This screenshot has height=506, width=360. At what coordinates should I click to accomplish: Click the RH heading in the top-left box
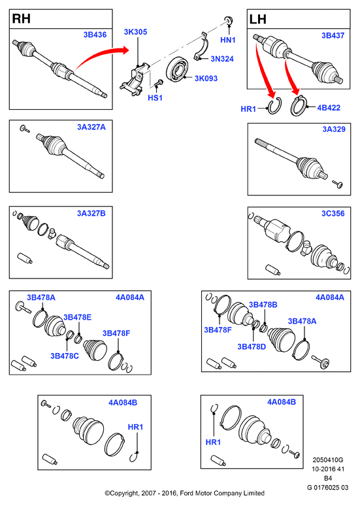pos(22,19)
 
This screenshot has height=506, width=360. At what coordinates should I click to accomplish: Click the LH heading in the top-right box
pos(258,20)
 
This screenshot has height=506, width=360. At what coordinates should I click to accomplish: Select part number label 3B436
pos(95,35)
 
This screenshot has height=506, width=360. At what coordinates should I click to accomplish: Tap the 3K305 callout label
pos(135,32)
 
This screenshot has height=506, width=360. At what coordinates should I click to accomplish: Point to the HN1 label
pos(228,40)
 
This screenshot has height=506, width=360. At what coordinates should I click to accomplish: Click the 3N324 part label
pos(222,59)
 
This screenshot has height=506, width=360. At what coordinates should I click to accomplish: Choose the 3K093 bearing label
pos(206,78)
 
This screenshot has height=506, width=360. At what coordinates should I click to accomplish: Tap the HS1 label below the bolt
pos(155,98)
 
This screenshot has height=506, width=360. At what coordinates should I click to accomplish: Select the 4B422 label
pos(329,108)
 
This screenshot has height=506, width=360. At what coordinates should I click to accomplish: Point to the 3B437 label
pos(333,35)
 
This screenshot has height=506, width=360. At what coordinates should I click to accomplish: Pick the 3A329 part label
pos(334,129)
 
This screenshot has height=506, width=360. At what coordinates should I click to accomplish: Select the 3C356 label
pos(333,213)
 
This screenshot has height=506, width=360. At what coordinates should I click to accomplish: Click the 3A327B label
pos(91,213)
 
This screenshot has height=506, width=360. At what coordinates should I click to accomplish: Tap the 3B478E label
pos(77,317)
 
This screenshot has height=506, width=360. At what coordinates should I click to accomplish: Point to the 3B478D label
pos(252,346)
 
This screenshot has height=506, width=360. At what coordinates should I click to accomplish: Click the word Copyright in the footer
pos(124,493)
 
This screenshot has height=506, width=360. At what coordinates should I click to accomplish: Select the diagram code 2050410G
pos(328,460)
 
